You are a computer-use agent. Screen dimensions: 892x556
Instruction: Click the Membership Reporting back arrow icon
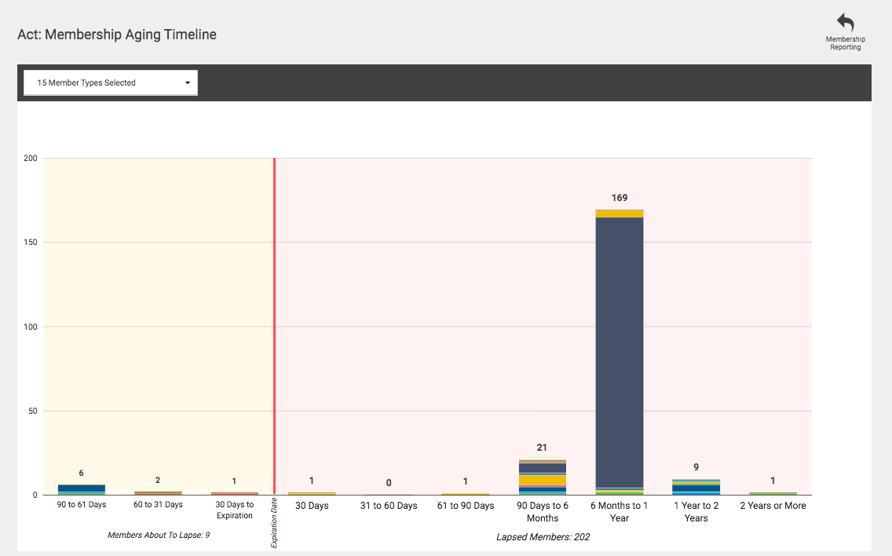(846, 22)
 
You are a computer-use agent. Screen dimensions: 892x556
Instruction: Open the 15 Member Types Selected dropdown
(111, 82)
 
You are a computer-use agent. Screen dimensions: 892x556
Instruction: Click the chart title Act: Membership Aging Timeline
(117, 35)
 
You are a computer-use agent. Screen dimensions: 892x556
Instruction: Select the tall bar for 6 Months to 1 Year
(620, 353)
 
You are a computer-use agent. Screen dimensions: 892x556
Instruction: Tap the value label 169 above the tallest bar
(620, 197)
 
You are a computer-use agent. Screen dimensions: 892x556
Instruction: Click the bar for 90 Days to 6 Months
(542, 477)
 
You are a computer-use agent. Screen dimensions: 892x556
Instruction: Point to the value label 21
(542, 448)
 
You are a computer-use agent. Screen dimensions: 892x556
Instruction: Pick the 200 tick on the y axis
(30, 158)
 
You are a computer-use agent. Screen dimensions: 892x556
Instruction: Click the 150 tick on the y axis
(30, 243)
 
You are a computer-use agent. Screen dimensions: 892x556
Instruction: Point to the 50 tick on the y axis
(32, 411)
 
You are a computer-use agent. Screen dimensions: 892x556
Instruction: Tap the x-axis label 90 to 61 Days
(82, 505)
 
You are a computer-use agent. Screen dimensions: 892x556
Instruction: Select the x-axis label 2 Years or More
(773, 506)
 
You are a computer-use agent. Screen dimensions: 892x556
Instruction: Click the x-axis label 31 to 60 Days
(389, 506)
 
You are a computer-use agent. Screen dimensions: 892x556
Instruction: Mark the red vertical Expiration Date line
(274, 326)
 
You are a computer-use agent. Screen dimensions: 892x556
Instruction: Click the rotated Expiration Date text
(273, 522)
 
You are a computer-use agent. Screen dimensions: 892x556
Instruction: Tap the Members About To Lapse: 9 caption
(159, 535)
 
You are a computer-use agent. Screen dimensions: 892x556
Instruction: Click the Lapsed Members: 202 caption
(543, 536)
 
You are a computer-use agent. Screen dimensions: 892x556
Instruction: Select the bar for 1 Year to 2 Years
(696, 487)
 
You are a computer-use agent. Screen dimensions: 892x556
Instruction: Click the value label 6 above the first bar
(82, 473)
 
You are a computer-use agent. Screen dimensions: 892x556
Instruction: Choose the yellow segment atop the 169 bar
(620, 214)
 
